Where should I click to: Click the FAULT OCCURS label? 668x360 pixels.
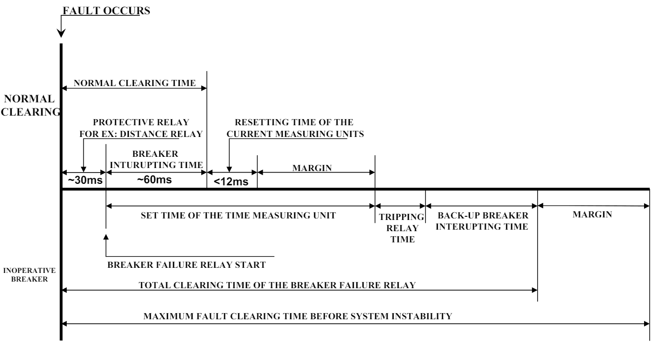(x=106, y=11)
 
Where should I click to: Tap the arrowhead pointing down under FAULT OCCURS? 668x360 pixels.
(x=61, y=33)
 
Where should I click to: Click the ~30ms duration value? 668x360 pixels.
(x=83, y=181)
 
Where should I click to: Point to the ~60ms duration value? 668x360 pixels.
(x=155, y=181)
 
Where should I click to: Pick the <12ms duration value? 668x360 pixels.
(x=231, y=182)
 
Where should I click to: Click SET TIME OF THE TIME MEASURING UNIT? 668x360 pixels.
(x=238, y=215)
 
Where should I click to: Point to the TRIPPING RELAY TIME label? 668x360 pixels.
(x=400, y=227)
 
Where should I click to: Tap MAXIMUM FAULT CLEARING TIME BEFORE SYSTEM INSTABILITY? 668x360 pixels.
(x=298, y=316)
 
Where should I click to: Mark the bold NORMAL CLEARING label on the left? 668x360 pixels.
(x=31, y=106)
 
